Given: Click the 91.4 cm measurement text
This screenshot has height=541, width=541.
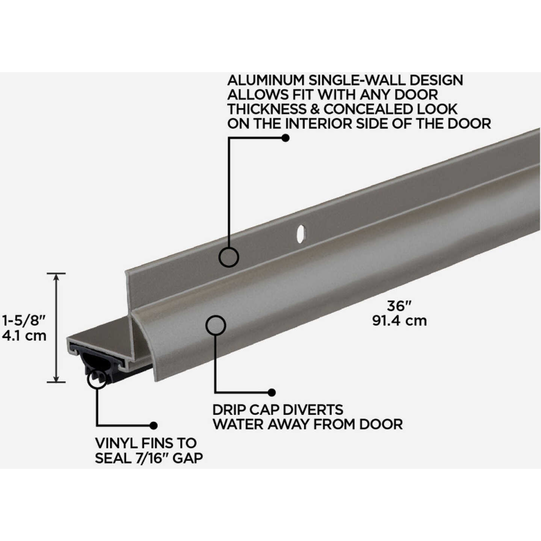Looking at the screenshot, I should (x=399, y=321).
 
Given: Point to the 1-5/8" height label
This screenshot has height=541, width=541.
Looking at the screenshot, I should (x=24, y=320).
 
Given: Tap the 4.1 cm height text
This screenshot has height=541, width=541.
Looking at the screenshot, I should (x=24, y=335).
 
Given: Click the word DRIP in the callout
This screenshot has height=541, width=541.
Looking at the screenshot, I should (x=231, y=410).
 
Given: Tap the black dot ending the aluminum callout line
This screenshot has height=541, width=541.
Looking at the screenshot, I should (x=286, y=138).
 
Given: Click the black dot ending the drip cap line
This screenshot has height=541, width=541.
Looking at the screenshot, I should (x=272, y=393).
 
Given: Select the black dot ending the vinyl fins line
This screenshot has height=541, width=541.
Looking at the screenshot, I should (x=153, y=425).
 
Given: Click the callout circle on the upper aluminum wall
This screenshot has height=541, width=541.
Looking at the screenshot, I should (x=229, y=258).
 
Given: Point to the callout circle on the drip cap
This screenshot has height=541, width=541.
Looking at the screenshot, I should (x=216, y=325).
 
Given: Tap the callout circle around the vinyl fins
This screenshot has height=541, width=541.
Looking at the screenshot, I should (x=97, y=378).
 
